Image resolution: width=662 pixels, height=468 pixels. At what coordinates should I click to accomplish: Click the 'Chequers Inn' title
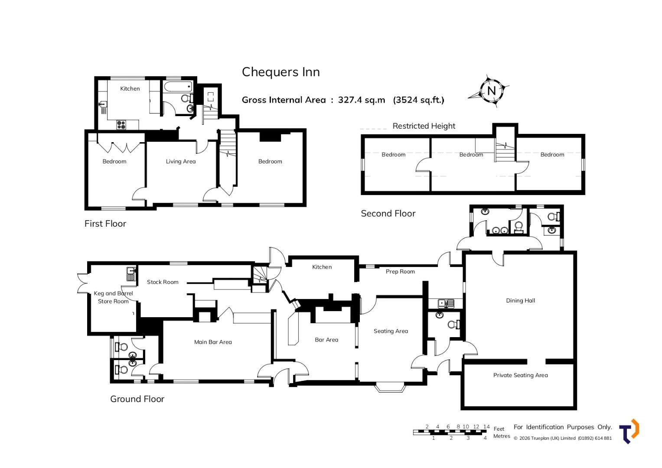pyautogui.click(x=281, y=72)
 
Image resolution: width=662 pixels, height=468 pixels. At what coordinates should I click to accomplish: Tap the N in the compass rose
pyautogui.click(x=492, y=91)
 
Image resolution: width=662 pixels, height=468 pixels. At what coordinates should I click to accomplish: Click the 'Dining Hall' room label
pyautogui.click(x=520, y=300)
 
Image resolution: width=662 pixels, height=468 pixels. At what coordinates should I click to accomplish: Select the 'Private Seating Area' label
pyautogui.click(x=520, y=375)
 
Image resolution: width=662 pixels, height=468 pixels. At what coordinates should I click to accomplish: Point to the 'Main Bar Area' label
pyautogui.click(x=213, y=342)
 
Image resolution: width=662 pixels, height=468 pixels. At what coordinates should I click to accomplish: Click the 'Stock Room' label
pyautogui.click(x=163, y=282)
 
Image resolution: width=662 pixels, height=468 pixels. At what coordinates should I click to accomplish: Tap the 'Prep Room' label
pyautogui.click(x=400, y=272)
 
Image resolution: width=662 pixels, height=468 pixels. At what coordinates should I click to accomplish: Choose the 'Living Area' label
pyautogui.click(x=181, y=161)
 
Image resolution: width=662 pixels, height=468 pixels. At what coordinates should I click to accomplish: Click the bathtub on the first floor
pyautogui.click(x=178, y=87)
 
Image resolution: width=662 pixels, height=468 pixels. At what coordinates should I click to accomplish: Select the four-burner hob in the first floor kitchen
pyautogui.click(x=121, y=125)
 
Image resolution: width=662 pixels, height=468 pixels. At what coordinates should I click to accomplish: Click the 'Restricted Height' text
pyautogui.click(x=424, y=126)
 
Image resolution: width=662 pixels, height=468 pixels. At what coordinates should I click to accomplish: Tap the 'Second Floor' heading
pyautogui.click(x=388, y=213)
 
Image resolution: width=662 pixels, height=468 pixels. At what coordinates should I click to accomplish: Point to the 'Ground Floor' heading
pyautogui.click(x=137, y=399)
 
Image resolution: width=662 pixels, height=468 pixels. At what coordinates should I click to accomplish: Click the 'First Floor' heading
pyautogui.click(x=105, y=223)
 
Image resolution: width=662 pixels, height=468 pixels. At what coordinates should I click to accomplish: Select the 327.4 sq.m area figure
pyautogui.click(x=362, y=100)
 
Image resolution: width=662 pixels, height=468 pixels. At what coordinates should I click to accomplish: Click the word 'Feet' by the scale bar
pyautogui.click(x=499, y=429)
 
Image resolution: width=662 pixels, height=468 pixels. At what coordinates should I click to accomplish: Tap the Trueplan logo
pyautogui.click(x=629, y=431)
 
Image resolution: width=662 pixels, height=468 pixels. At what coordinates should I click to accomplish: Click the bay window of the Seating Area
pyautogui.click(x=389, y=388)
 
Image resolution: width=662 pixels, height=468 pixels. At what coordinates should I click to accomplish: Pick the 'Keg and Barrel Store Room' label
pyautogui.click(x=113, y=297)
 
